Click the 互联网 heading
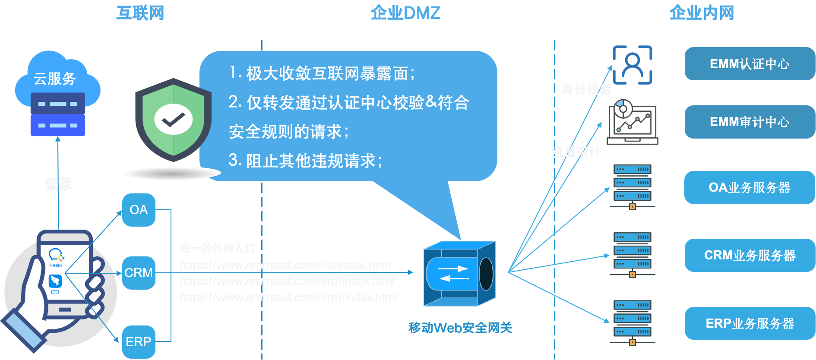(140, 13)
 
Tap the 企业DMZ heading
(405, 13)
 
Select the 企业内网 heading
(702, 13)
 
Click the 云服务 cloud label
(55, 79)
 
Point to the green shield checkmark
(173, 120)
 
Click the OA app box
(139, 210)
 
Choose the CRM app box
(139, 273)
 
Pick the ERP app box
(139, 342)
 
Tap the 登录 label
(58, 183)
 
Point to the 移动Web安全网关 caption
(460, 328)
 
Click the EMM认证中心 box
(750, 64)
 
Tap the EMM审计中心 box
(750, 122)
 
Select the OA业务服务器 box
(750, 187)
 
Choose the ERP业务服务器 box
(750, 323)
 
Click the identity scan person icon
(633, 65)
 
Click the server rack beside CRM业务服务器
(633, 254)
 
